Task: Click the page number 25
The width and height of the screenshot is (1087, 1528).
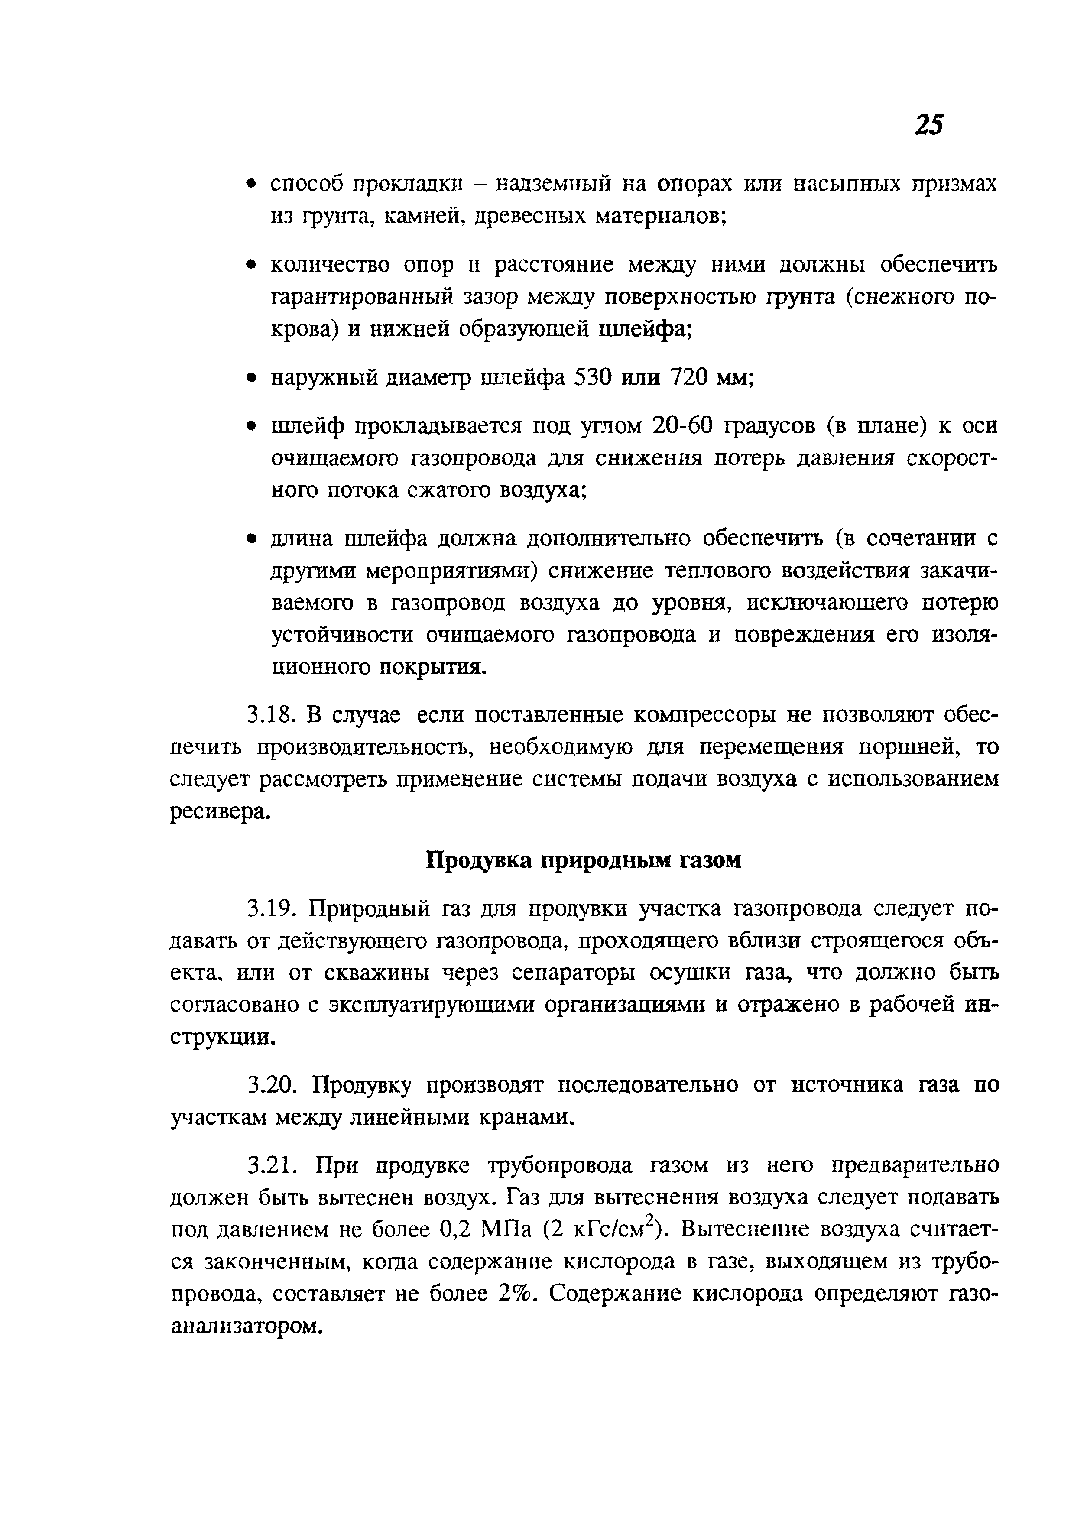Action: coord(928,125)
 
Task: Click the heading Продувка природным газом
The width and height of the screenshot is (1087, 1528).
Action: coord(584,861)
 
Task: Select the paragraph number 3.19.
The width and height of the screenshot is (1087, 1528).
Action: coord(271,909)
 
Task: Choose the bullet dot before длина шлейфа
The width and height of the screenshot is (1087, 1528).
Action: coord(251,539)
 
